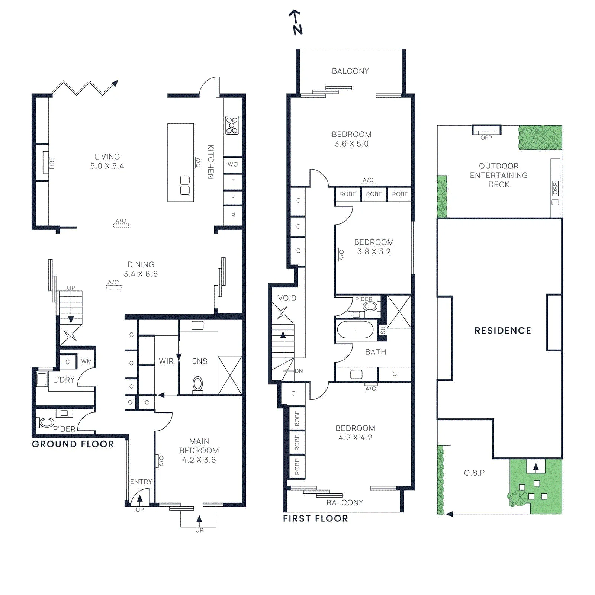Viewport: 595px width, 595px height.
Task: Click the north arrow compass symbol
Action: point(296,22)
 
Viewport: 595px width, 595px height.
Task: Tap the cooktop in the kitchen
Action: point(232,125)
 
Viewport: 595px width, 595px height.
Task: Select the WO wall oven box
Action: point(233,164)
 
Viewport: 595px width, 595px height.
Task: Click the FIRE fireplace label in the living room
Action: point(52,163)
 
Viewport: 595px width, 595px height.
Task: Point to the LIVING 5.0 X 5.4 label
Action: point(107,161)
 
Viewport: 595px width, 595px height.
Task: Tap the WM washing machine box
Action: point(86,361)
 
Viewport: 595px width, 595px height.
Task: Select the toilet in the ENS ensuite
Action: point(198,384)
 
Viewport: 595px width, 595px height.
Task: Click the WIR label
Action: point(166,361)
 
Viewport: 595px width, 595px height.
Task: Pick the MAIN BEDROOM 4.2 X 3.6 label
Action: point(199,450)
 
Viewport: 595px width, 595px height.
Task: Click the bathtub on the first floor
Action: point(355,329)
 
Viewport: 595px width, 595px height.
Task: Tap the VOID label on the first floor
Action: point(287,298)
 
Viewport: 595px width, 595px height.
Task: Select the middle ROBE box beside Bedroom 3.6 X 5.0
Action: point(374,194)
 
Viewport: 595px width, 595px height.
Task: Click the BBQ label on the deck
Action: point(555,188)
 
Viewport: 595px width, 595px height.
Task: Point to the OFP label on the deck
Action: point(486,138)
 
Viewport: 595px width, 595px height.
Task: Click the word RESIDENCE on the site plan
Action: point(503,331)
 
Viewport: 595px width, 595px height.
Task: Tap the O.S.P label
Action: point(474,473)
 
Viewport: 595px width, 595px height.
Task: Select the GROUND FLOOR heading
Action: point(73,444)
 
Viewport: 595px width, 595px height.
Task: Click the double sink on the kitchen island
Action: point(185,185)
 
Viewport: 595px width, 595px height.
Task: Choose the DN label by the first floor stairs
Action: point(299,371)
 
